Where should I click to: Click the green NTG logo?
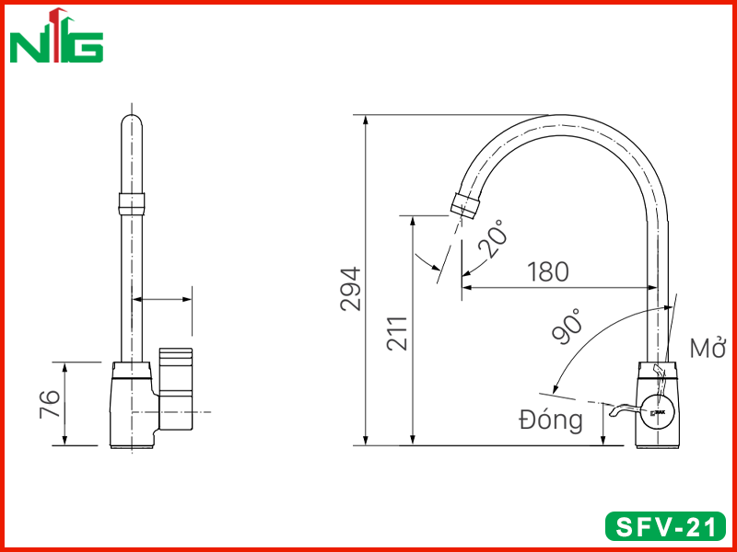click(x=56, y=36)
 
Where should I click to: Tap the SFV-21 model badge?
click(x=665, y=526)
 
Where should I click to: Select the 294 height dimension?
click(x=351, y=289)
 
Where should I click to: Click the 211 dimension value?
click(x=397, y=333)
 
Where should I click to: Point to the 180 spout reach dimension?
click(x=547, y=271)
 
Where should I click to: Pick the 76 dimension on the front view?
click(x=50, y=404)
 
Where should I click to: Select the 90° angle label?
click(x=567, y=327)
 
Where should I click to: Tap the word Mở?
click(x=708, y=348)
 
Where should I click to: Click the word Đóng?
click(x=551, y=420)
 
